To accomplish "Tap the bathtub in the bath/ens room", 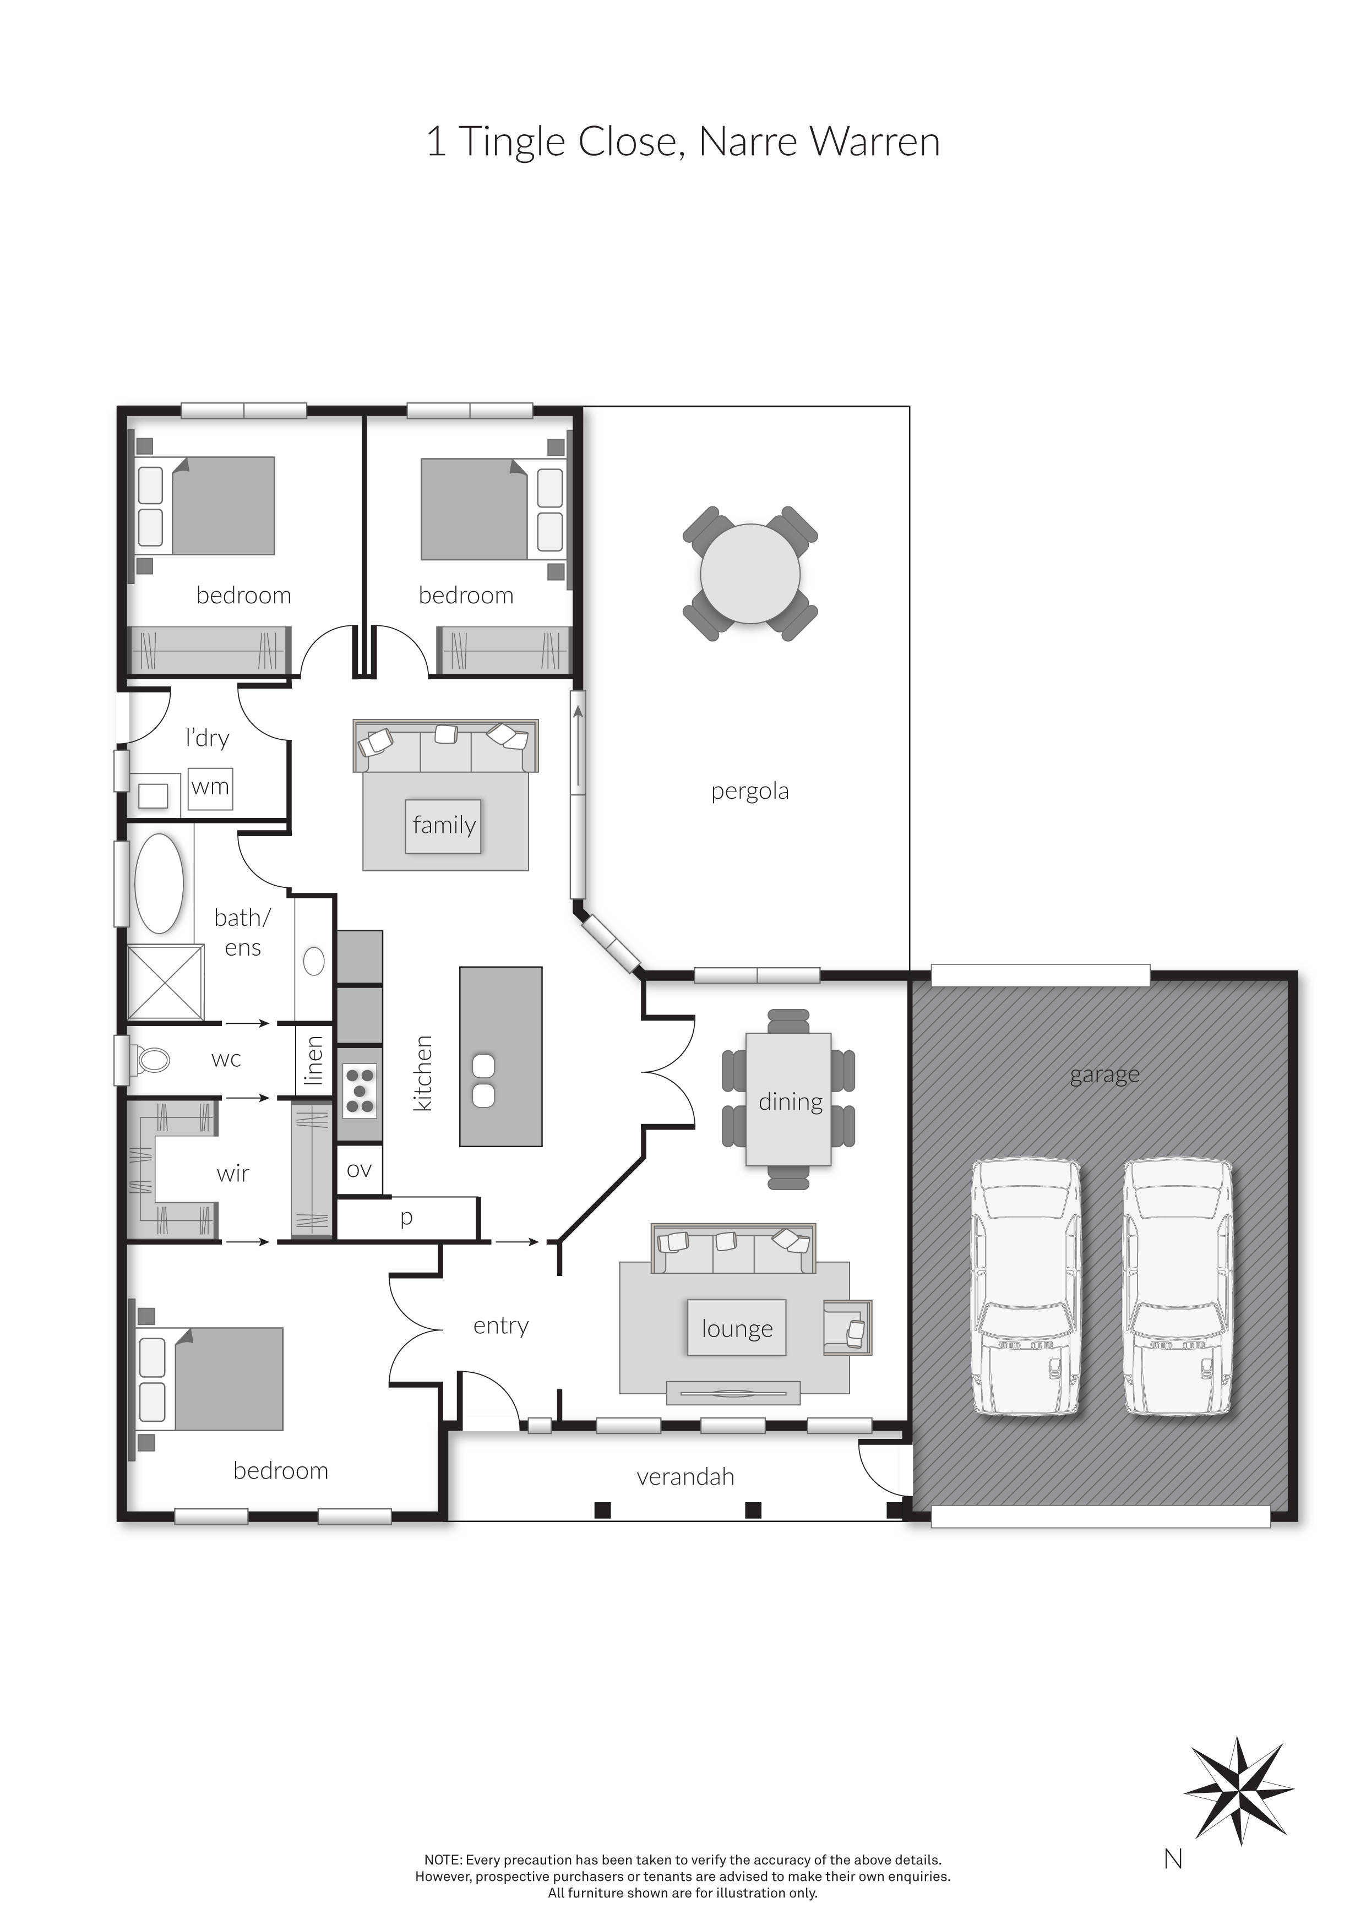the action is (x=160, y=883).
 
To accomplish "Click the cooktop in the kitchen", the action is (x=360, y=1091).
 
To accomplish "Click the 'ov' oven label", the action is (x=359, y=1170).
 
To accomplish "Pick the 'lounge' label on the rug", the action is (x=737, y=1328).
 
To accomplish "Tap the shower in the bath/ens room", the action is (x=166, y=983).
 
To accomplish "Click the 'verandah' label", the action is (x=685, y=1477).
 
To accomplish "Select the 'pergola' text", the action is (x=749, y=792).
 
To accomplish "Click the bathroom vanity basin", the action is (x=314, y=961).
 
